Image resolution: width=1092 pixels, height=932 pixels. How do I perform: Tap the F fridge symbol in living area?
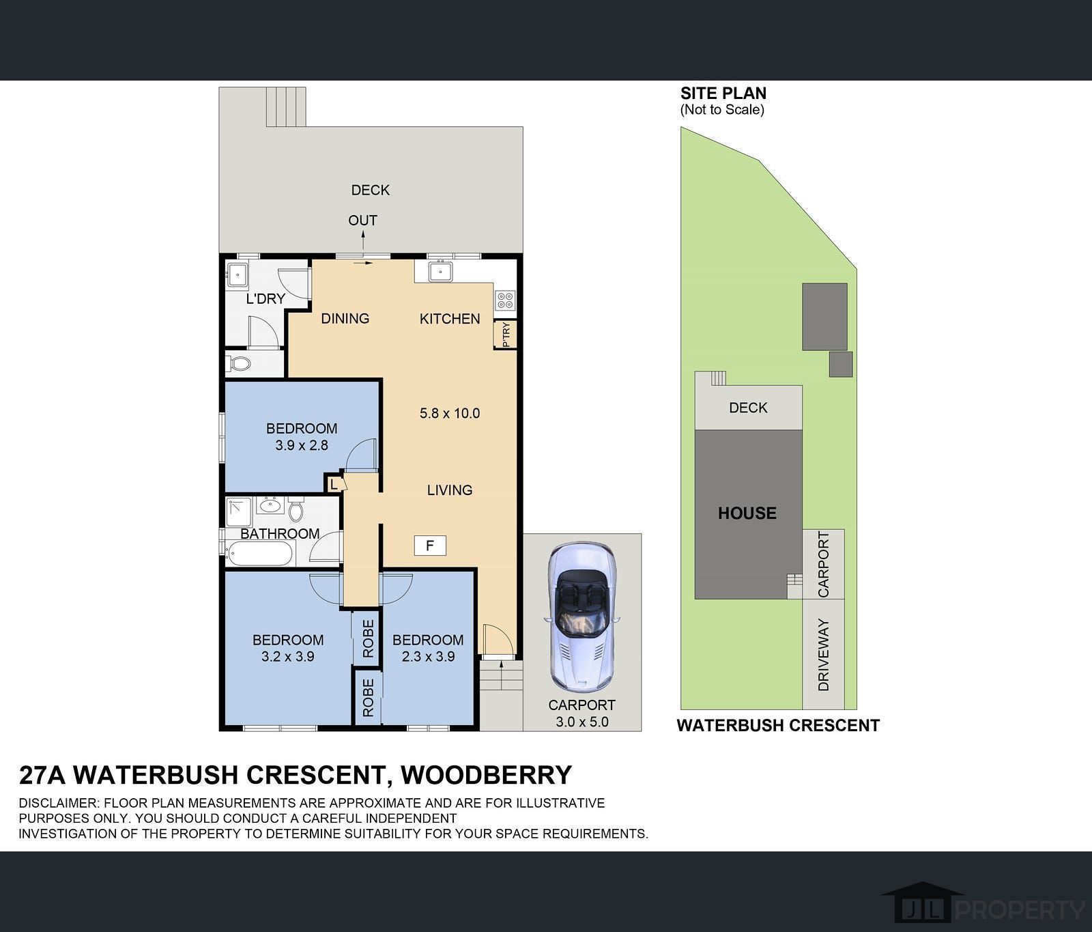(430, 546)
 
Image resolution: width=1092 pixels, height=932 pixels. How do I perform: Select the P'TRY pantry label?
(506, 335)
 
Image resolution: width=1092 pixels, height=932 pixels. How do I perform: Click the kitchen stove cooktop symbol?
(506, 300)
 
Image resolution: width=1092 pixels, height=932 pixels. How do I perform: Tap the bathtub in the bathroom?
(260, 554)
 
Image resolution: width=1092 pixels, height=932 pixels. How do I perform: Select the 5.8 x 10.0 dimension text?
(450, 413)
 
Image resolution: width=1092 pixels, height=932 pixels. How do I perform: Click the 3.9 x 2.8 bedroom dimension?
(302, 445)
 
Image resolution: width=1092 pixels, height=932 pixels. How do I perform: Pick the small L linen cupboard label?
(334, 484)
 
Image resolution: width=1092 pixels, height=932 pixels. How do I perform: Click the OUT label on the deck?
(362, 221)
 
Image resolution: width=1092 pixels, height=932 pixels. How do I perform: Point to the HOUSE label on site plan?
(747, 513)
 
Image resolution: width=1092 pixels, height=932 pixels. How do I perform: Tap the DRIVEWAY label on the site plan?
(823, 654)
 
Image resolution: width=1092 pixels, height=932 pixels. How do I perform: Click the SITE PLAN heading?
(723, 94)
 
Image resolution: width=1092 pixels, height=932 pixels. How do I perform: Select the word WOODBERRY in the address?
(485, 775)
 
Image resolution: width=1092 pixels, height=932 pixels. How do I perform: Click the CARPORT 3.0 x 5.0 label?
(581, 713)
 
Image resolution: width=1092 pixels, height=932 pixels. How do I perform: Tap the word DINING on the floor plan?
(345, 318)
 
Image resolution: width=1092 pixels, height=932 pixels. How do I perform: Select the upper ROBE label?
(368, 638)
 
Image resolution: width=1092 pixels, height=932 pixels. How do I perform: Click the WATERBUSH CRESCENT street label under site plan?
(777, 726)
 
